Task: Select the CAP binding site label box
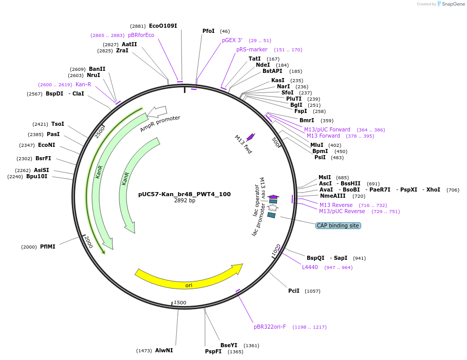pos(338,225)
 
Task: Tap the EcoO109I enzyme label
pos(163,26)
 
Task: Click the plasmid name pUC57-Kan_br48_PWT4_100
pos(184,194)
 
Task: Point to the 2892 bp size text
pos(184,201)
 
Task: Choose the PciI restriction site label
pos(294,291)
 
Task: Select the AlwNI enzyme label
pos(164,350)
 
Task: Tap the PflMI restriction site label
pos(48,247)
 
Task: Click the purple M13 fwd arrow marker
pos(251,137)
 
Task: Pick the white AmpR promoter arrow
pos(157,111)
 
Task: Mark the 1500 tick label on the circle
pos(180,302)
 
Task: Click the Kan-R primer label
pos(83,84)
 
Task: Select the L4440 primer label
pos(310,267)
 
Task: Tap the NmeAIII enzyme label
pos(333,196)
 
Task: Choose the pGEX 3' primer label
pos(232,40)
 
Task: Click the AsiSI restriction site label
pos(41,170)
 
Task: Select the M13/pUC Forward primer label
pos(327,129)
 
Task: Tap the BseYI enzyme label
pos(229,345)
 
